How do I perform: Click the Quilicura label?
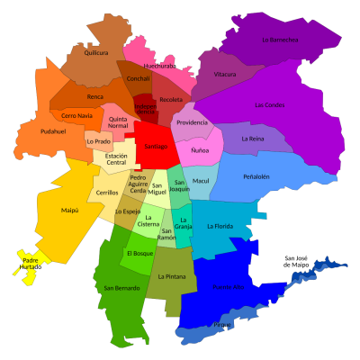tap(95, 53)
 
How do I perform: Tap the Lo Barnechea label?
tap(280, 40)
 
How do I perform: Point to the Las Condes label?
tap(269, 105)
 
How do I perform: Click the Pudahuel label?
tap(53, 131)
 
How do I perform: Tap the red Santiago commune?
tap(157, 146)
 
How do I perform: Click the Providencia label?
tap(192, 122)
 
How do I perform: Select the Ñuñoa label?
tap(200, 150)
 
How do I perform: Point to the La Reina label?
tap(254, 139)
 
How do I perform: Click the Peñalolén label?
tap(256, 176)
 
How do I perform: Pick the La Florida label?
tap(220, 226)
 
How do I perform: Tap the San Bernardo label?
tap(121, 288)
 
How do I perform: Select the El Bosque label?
tap(139, 254)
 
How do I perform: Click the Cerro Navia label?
tap(77, 116)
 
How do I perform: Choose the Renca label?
tap(94, 96)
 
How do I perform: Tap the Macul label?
tap(201, 181)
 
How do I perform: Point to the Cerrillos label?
tap(107, 193)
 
